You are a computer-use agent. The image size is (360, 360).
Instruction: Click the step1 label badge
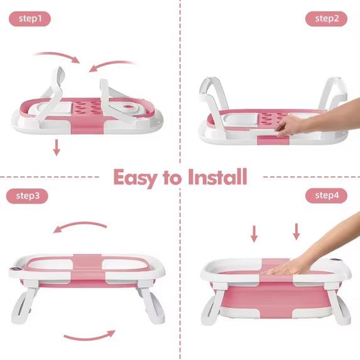click(30, 19)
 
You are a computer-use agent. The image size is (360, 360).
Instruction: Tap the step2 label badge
click(326, 19)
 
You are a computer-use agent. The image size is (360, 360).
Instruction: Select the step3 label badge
click(27, 196)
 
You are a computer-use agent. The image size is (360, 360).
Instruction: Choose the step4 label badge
click(326, 195)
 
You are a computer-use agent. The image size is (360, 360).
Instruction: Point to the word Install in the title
click(217, 177)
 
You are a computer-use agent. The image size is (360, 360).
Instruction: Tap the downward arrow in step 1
click(57, 148)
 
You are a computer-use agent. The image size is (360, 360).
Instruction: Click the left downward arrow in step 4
click(254, 234)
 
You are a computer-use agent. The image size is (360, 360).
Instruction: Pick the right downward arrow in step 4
click(297, 232)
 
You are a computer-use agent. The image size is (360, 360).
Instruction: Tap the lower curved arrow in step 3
click(90, 337)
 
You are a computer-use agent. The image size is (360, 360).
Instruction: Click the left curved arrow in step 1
click(57, 55)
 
